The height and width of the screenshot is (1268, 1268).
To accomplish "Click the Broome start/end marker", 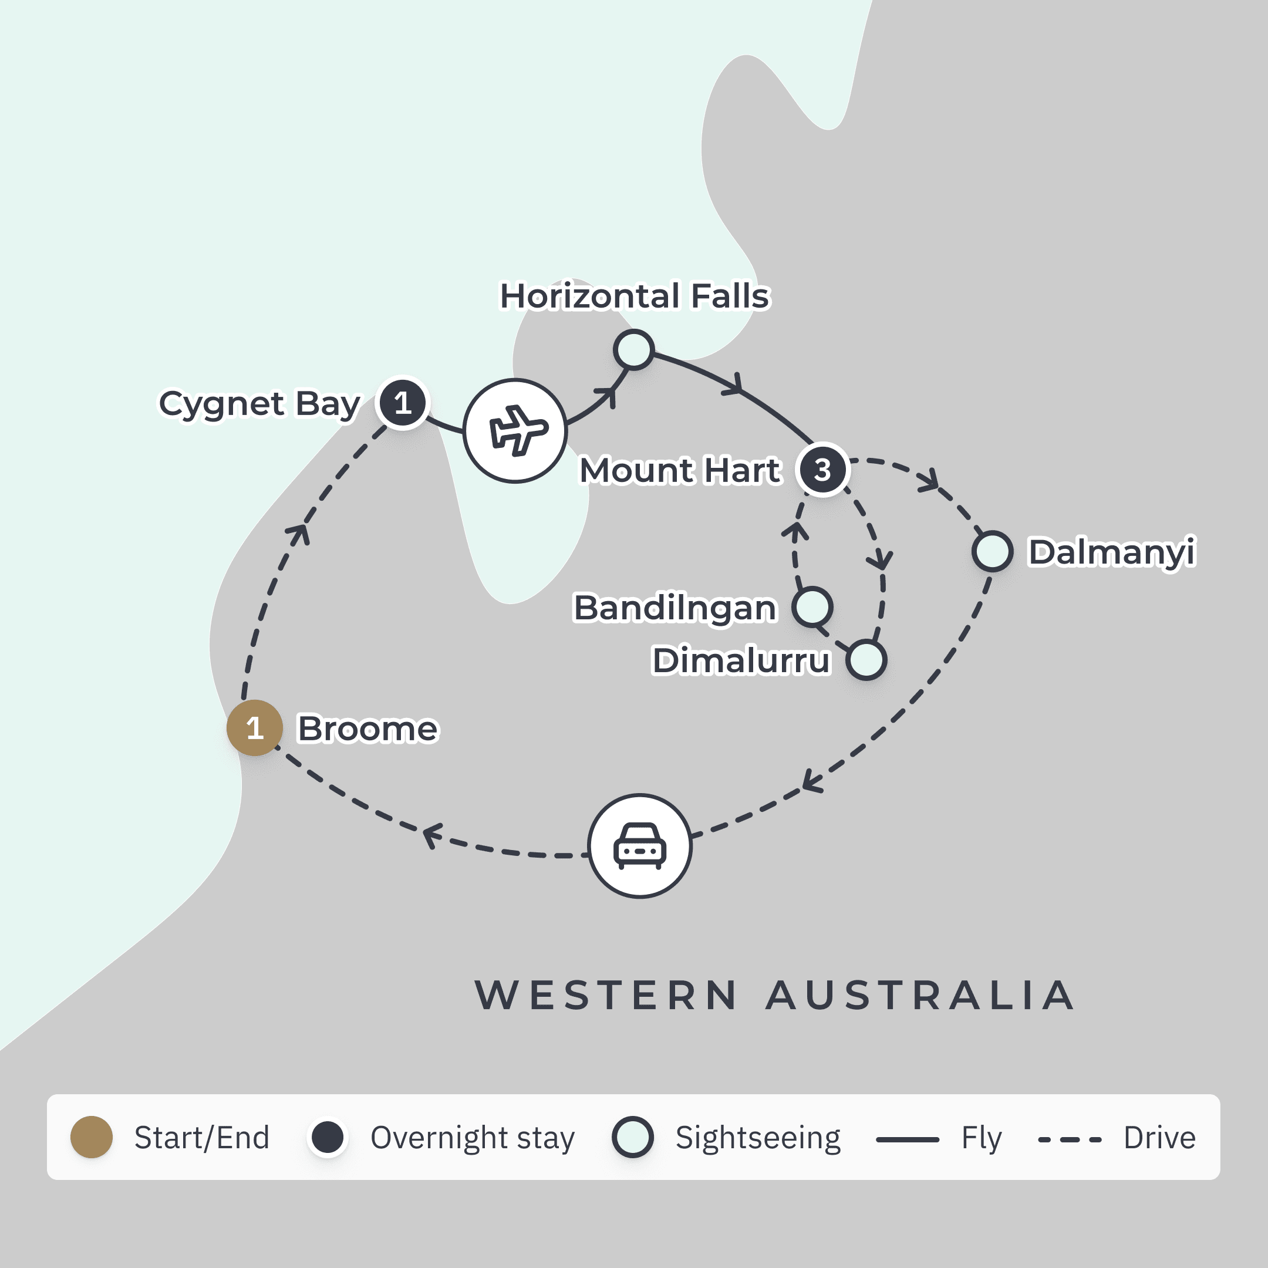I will coord(255,728).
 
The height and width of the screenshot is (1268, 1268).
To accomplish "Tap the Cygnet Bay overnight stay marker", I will coord(402,403).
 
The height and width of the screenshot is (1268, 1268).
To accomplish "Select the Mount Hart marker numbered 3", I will coord(822,469).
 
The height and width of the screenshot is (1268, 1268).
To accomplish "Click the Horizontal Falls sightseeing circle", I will coord(633,349).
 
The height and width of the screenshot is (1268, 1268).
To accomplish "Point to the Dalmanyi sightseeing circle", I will coord(992,551).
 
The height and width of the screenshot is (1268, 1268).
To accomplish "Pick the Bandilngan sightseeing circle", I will coord(812,606).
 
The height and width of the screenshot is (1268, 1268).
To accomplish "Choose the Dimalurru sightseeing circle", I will coord(866,660).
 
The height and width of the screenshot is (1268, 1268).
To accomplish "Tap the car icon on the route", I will coord(640,845).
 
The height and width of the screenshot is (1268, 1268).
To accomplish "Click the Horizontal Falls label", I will coord(634,296).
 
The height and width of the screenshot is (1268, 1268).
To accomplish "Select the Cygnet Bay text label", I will coord(260,404).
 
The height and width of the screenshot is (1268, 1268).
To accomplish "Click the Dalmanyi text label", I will coord(1111,552).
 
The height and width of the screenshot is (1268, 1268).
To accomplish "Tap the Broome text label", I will coord(367,729).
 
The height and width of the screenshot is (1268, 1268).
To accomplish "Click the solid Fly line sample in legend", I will coord(907,1139).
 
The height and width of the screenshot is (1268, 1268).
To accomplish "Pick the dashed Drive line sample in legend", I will coord(1069,1139).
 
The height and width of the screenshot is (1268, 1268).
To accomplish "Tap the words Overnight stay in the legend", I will coord(472,1138).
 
